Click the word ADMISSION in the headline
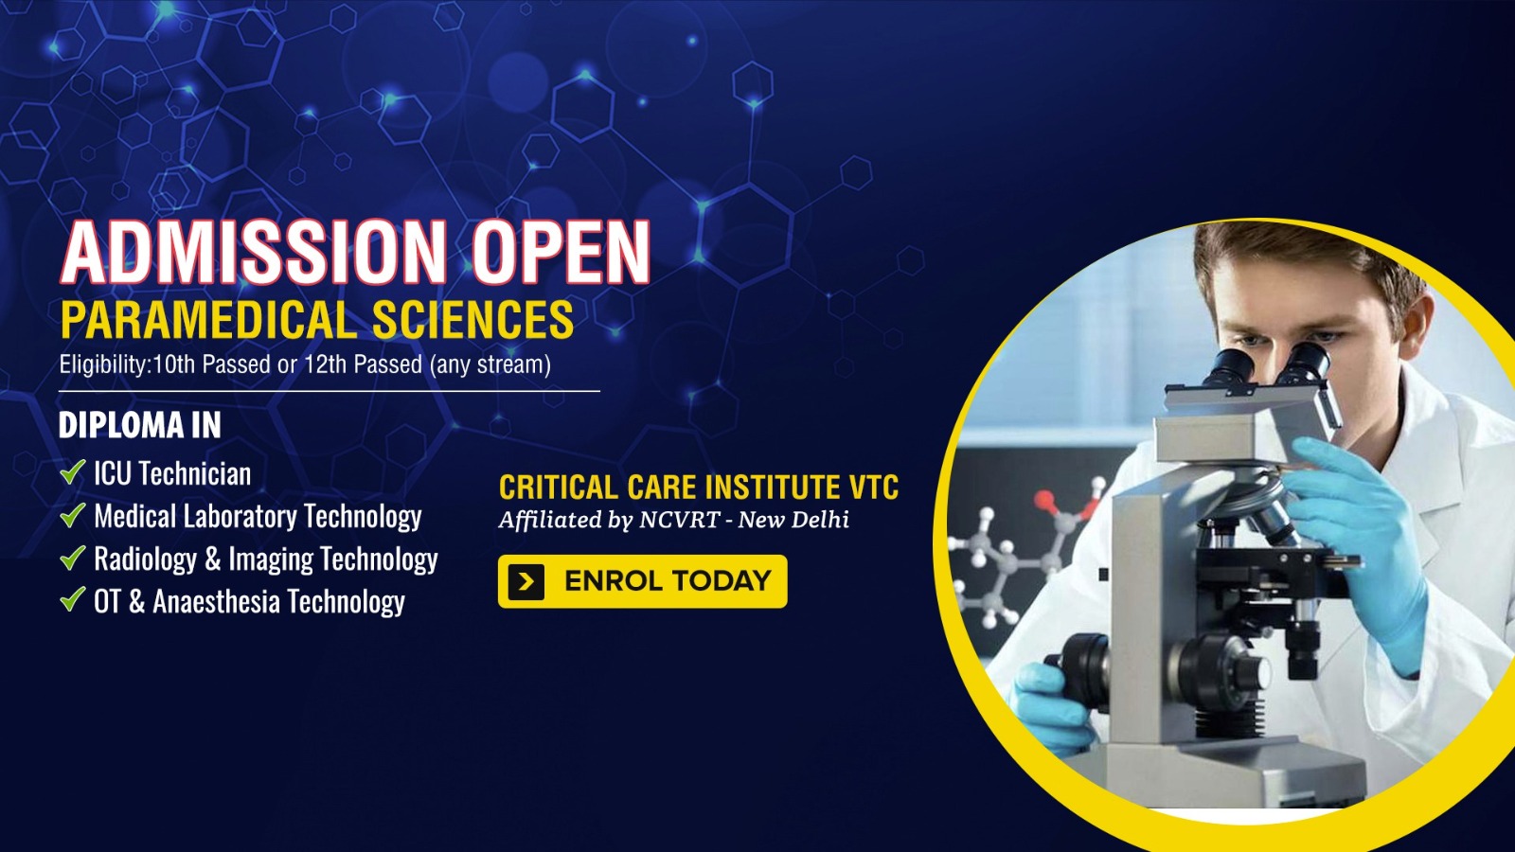coord(254,251)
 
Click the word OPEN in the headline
coord(561,251)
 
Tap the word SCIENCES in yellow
coord(472,319)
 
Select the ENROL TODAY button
coord(643,581)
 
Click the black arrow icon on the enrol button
coord(526,581)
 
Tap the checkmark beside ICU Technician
coord(72,471)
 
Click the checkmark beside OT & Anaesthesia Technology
coord(72,599)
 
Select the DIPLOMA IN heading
coord(140,425)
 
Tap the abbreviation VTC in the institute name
coord(873,487)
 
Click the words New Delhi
coord(793,520)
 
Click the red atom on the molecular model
coord(1045,501)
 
